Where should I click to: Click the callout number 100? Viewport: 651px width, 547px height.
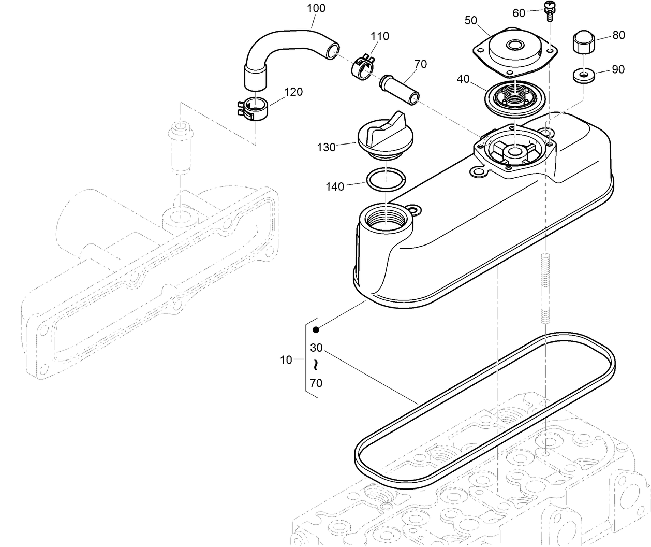pos(316,8)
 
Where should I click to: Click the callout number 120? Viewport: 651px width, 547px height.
pos(293,92)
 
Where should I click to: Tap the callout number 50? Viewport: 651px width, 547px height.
pos(471,20)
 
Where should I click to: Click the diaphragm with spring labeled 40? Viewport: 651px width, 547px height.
pos(513,97)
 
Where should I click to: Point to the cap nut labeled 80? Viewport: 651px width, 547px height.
pos(584,41)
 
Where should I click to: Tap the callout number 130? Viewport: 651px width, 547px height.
pos(326,147)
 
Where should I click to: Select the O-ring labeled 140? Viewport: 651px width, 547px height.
pos(386,179)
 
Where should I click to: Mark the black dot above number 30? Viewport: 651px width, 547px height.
pos(316,329)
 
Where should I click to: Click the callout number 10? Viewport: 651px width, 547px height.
pos(286,360)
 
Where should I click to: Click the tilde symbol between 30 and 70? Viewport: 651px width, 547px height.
pos(316,365)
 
